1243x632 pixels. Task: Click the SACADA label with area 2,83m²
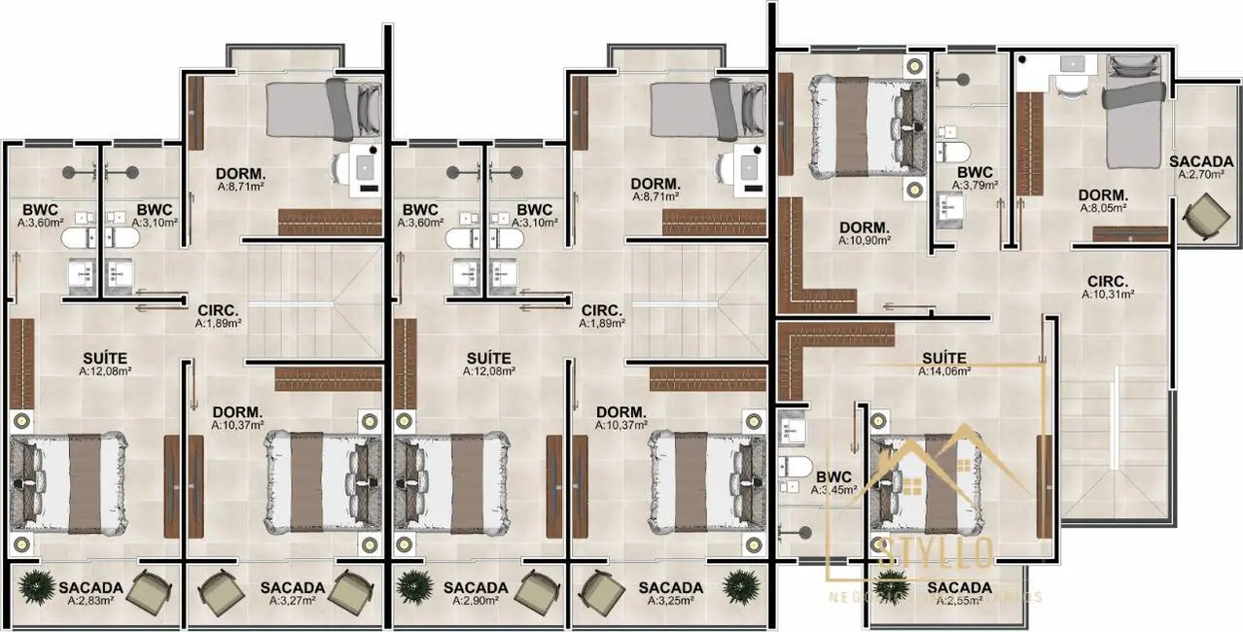coord(90,588)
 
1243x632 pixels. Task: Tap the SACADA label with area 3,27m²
coord(292,588)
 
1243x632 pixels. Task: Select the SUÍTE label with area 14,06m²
coord(943,358)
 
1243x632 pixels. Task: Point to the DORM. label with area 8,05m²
coord(1103,194)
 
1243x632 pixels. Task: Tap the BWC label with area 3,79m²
coord(974,173)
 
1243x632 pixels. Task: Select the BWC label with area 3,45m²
coord(835,477)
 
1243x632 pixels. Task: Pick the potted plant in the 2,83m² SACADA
coord(38,586)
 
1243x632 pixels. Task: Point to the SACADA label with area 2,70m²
coord(1201,161)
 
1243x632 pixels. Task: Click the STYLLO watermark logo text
coord(936,555)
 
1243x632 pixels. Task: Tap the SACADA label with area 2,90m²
coord(475,588)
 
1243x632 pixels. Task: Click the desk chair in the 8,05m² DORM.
coord(1071,86)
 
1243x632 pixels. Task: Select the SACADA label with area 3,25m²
coord(671,588)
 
